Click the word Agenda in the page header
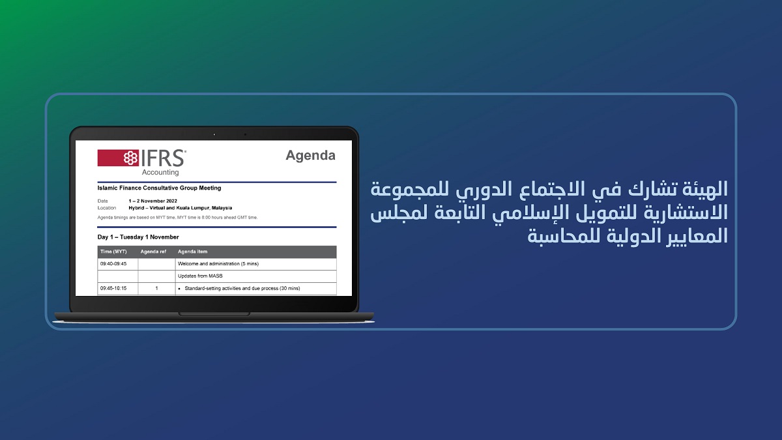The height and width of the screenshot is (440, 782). point(310,156)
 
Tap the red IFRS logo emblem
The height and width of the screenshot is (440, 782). point(118,158)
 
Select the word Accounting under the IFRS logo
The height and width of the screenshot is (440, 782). point(160,172)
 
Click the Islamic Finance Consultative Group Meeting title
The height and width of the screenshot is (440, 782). point(159,188)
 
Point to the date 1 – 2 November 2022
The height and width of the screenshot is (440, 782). point(153,201)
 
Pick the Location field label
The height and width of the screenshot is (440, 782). point(107,208)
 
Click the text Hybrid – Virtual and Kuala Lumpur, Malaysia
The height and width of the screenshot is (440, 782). point(180,208)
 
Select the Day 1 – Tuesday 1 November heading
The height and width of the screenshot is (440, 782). point(138,237)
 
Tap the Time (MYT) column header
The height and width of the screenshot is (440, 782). point(113,252)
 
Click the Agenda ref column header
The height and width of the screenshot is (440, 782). point(153,252)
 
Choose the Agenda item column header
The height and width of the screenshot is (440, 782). point(192,252)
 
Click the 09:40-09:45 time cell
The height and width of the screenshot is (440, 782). point(113,263)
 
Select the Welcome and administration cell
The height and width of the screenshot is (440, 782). point(218,263)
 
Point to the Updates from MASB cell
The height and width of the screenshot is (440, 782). point(200,276)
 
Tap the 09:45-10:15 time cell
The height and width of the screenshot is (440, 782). point(113,288)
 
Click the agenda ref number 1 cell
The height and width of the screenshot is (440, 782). point(156,288)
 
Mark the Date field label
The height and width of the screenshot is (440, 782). point(103,201)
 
